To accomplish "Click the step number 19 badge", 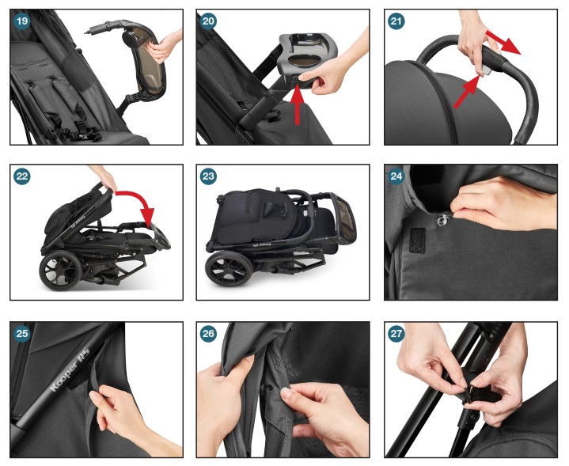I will tap(21, 21).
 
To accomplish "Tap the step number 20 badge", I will tap(209, 21).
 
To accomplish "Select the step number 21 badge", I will tap(396, 21).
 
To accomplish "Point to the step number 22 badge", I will tap(21, 176).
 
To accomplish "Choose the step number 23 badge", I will tap(209, 176).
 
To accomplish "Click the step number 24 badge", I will tap(396, 176).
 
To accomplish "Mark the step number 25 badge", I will tap(21, 333).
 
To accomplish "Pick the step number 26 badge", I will tap(209, 333).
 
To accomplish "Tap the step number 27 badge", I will tap(396, 333).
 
